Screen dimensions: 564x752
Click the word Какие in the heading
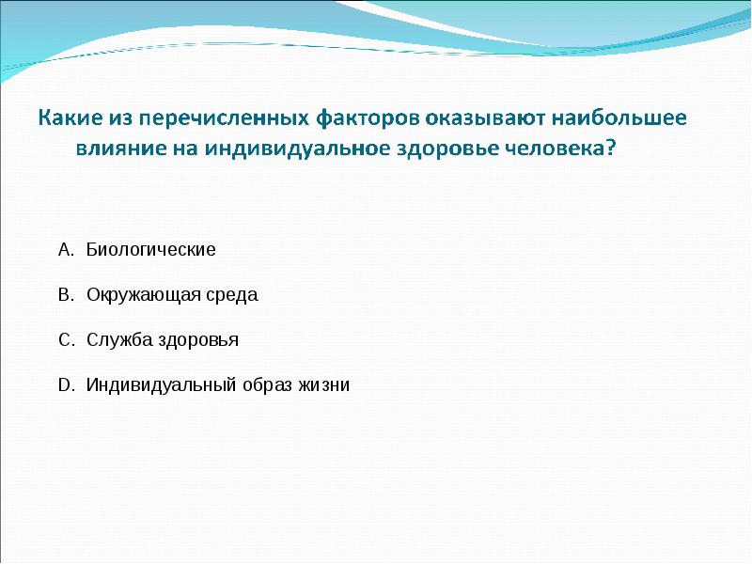click(x=69, y=120)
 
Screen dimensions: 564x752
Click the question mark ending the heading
click(x=614, y=149)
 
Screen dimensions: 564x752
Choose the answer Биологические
click(x=151, y=250)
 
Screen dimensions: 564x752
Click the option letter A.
click(x=64, y=250)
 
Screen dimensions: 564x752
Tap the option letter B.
click(x=64, y=295)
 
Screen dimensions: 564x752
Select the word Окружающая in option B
click(x=144, y=295)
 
